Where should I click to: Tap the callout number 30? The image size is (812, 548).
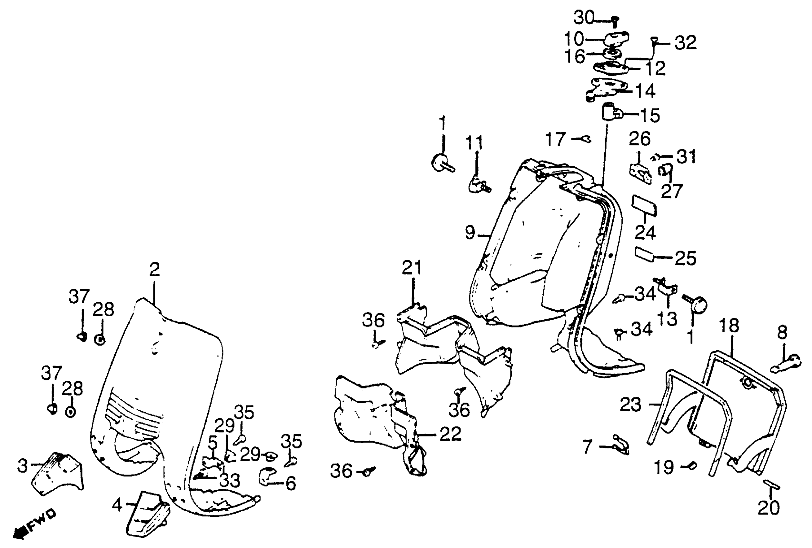583,17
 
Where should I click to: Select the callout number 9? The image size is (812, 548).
470,233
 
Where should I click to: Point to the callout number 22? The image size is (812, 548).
451,434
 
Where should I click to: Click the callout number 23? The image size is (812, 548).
631,405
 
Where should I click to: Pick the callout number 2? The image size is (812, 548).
154,269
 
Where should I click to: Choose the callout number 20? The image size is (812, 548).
768,507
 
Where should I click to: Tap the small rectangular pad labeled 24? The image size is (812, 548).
644,206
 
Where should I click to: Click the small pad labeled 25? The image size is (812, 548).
644,255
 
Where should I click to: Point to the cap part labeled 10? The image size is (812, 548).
616,38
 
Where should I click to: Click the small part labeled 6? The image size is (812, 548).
267,475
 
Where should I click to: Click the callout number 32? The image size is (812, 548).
685,43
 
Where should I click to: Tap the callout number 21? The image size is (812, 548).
412,268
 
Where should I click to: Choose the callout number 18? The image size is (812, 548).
729,326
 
